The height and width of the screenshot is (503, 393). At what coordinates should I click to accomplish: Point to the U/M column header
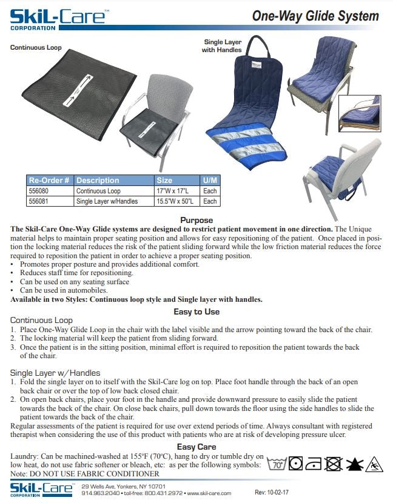(210, 181)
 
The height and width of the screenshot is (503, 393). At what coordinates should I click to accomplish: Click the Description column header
(98, 181)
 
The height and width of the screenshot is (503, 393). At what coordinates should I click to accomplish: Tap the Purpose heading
(196, 220)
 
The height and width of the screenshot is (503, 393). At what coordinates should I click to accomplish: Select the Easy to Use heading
(196, 311)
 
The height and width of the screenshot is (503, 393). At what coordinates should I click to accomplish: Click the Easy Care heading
(196, 447)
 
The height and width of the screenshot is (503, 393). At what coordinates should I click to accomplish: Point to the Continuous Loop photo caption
(36, 48)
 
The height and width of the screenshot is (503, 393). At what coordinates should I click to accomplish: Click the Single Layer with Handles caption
(222, 46)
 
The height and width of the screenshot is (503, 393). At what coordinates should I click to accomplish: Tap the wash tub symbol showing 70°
(278, 464)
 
